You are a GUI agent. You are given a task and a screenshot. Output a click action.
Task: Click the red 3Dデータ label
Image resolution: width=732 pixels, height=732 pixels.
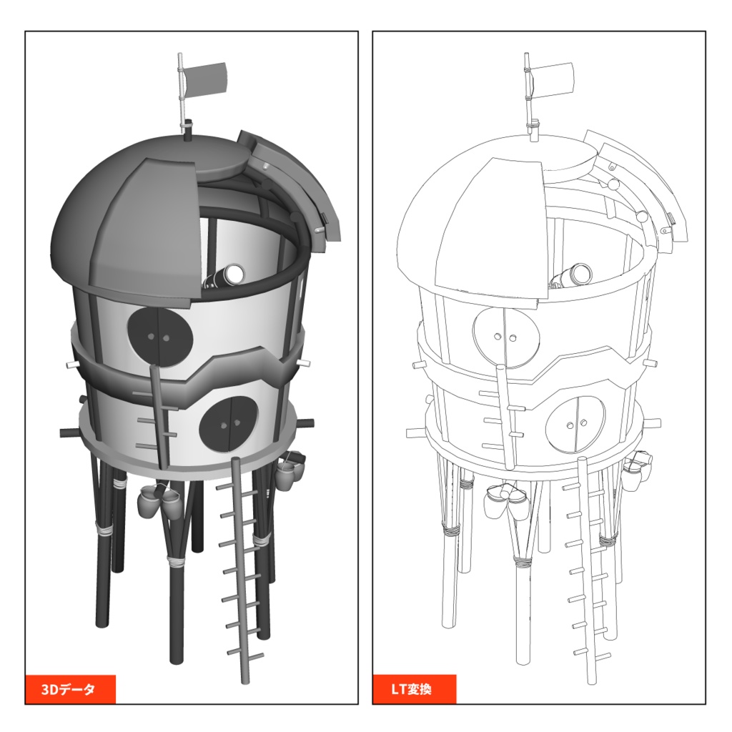pos(71,689)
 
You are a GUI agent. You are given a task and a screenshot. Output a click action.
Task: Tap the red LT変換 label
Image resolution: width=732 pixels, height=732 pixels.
pos(414,689)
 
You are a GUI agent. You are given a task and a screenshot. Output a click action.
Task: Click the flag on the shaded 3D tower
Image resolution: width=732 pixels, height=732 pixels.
pos(206,79)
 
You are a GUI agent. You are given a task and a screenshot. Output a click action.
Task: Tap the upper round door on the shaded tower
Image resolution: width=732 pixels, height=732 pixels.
pos(160,337)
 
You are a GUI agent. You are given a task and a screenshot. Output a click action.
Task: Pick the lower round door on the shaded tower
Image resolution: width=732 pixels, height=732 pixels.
pos(229,425)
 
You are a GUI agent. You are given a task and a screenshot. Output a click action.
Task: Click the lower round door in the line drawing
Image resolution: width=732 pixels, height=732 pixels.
pos(575,425)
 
